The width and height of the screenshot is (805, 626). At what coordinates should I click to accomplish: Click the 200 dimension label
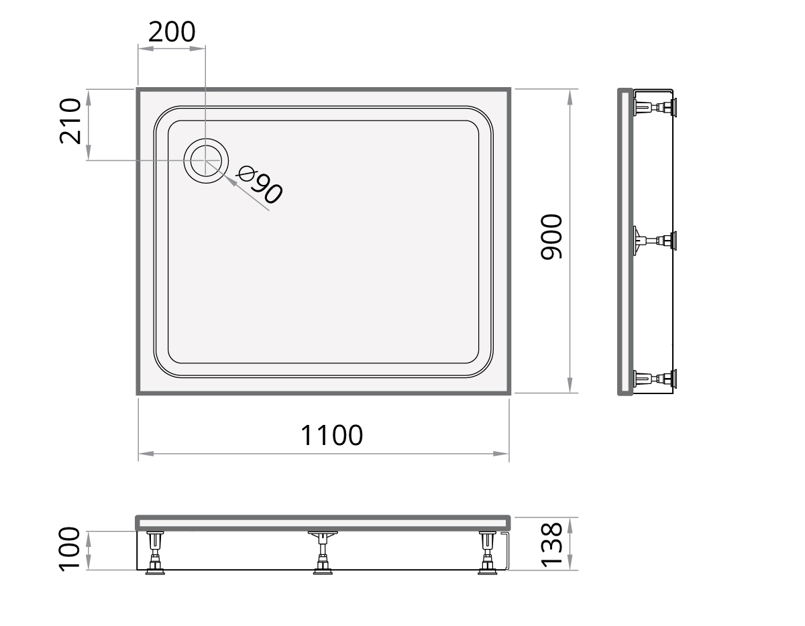click(172, 32)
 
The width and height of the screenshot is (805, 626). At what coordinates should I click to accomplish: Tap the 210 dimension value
click(70, 121)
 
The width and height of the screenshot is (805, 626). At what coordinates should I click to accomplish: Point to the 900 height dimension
click(551, 237)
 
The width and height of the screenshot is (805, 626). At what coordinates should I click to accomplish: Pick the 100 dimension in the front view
click(70, 548)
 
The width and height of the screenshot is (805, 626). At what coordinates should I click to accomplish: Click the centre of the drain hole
click(206, 161)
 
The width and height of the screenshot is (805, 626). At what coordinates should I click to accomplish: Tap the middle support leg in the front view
click(323, 553)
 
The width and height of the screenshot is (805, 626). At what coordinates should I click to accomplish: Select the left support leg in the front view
click(156, 553)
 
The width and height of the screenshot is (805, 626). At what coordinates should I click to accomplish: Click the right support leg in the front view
click(488, 553)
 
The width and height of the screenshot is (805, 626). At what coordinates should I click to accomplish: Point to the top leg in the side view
click(655, 107)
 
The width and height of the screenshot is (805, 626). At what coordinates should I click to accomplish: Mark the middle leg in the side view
click(655, 240)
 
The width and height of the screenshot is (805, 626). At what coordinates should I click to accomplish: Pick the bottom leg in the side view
click(655, 379)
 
